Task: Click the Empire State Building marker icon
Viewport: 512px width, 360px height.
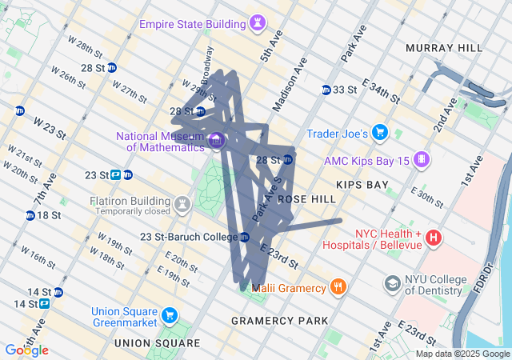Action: (257, 23)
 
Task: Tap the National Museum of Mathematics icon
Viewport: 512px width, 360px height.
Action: (216, 142)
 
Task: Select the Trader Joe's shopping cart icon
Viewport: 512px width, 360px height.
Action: (380, 133)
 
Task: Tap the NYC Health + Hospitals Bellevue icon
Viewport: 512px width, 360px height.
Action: (434, 238)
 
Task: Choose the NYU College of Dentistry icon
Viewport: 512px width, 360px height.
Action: (392, 284)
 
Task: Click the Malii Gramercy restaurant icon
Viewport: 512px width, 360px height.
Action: (339, 287)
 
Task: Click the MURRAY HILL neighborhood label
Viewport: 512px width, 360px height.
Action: (444, 48)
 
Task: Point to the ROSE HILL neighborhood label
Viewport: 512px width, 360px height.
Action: (306, 198)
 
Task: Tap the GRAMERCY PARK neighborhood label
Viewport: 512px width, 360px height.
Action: (279, 321)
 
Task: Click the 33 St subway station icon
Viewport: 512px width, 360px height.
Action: (326, 89)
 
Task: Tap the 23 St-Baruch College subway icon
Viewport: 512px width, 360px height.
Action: (245, 237)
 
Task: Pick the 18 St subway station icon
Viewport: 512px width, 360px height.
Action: (30, 215)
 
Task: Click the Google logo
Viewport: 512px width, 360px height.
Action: (26, 350)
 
